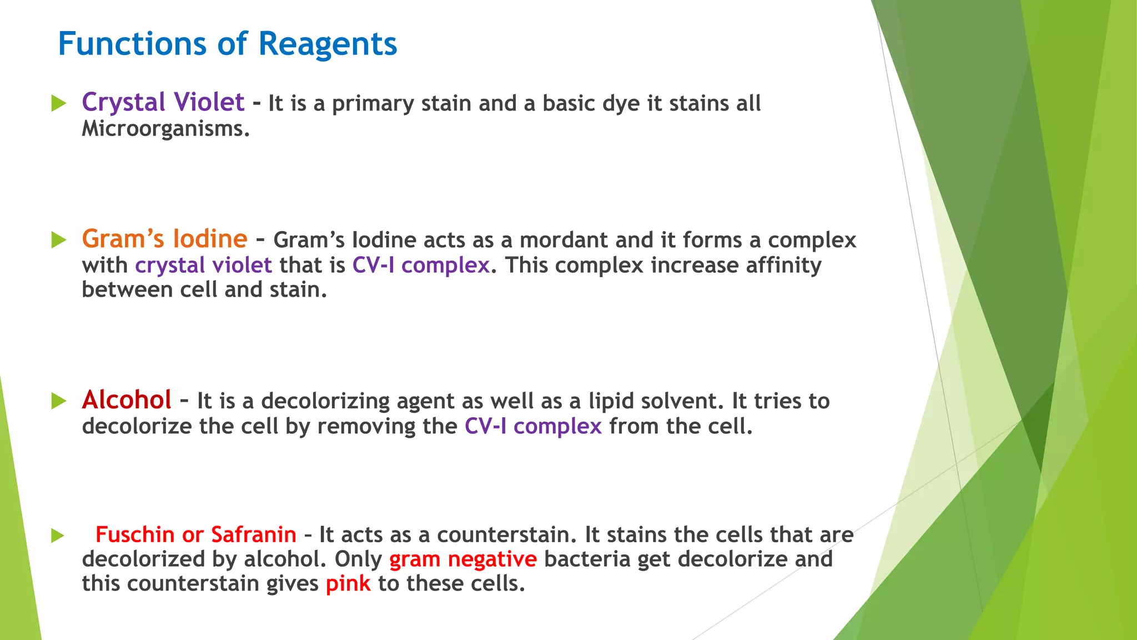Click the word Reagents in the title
pos(328,44)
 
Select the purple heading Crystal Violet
pos(163,102)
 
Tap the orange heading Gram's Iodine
pos(164,239)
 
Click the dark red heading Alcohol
pos(127,400)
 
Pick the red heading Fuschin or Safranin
pos(195,534)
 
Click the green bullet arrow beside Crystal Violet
pos(58,103)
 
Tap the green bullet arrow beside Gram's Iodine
pos(58,240)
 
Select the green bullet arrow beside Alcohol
pos(58,401)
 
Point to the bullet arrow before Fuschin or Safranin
pos(58,536)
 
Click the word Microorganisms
pos(165,129)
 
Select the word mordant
pos(564,240)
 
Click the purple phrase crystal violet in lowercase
pos(203,265)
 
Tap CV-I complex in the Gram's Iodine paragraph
pos(421,265)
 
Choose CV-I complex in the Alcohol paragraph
pos(533,426)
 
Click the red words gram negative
pos(463,559)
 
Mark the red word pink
pos(348,584)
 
